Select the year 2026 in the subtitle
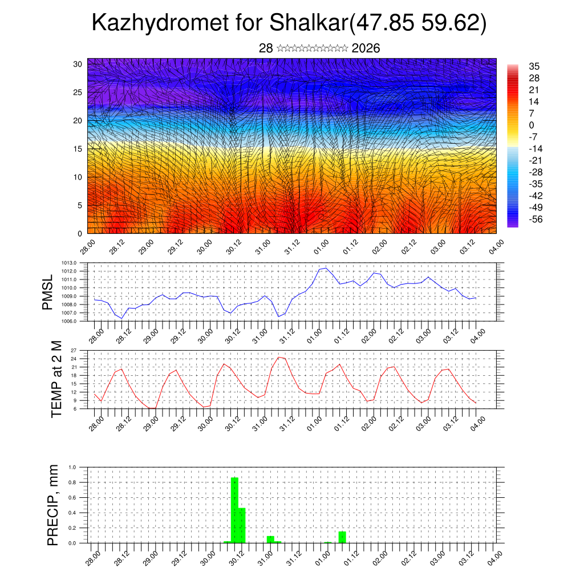click(366, 48)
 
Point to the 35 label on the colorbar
click(534, 66)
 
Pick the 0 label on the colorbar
click(532, 125)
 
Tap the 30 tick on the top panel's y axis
click(78, 64)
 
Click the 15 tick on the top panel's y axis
click(78, 149)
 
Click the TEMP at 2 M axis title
click(56, 379)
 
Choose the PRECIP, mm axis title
click(53, 505)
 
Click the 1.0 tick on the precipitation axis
click(72, 467)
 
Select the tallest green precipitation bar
click(234, 510)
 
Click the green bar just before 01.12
click(342, 537)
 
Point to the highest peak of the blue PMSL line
click(325, 267)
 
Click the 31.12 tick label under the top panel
click(291, 246)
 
